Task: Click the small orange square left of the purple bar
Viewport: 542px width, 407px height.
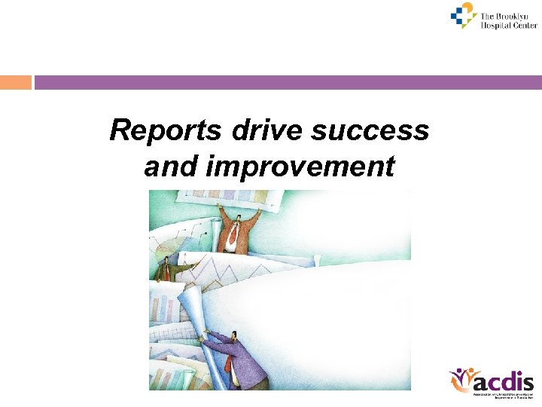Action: click(15, 82)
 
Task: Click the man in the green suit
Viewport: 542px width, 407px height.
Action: click(168, 271)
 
